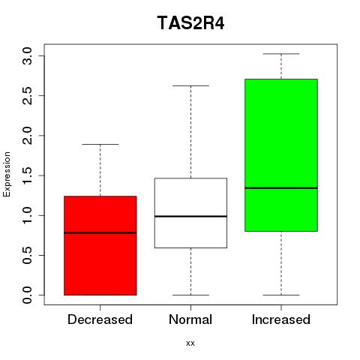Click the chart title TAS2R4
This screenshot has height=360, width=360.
tap(190, 23)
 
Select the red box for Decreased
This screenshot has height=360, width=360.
tap(100, 245)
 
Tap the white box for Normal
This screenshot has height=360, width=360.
tap(190, 213)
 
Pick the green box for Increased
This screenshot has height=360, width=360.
tap(281, 155)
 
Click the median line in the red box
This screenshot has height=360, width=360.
tap(100, 232)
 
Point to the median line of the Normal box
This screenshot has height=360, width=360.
tap(190, 216)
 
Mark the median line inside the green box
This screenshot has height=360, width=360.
tap(281, 188)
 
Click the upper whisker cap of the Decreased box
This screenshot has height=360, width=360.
tap(100, 144)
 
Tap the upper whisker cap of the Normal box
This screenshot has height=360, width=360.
tap(190, 85)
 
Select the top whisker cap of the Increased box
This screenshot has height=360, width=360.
tap(281, 54)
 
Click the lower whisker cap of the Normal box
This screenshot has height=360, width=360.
tap(190, 295)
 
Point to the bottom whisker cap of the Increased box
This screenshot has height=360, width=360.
tap(281, 295)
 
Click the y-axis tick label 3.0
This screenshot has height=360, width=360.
tap(27, 55)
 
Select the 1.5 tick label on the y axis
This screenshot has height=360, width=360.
tap(27, 175)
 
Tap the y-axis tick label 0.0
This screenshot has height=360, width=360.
tap(27, 295)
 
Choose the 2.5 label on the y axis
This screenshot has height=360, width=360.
tap(27, 96)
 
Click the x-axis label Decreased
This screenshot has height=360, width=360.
tap(100, 319)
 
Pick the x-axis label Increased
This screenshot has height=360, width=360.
tap(281, 319)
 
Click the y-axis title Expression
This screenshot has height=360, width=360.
tap(7, 174)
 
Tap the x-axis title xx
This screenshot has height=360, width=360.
tap(190, 343)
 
